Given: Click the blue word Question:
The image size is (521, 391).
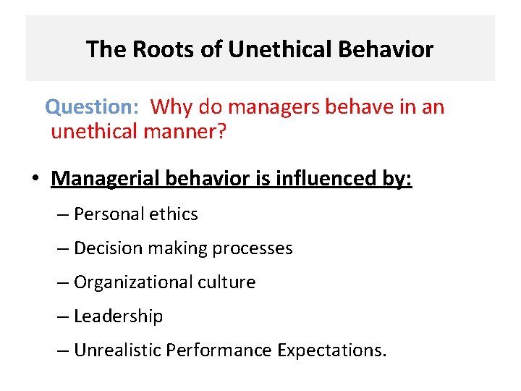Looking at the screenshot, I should coord(91,107).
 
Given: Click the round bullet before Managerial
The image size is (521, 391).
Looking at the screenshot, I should coord(34,179).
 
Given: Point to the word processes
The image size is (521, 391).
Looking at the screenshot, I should coord(257,248).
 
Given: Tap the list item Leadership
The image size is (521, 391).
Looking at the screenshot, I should coord(119,316).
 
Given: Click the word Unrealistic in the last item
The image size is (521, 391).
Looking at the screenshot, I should coord(118,351).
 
